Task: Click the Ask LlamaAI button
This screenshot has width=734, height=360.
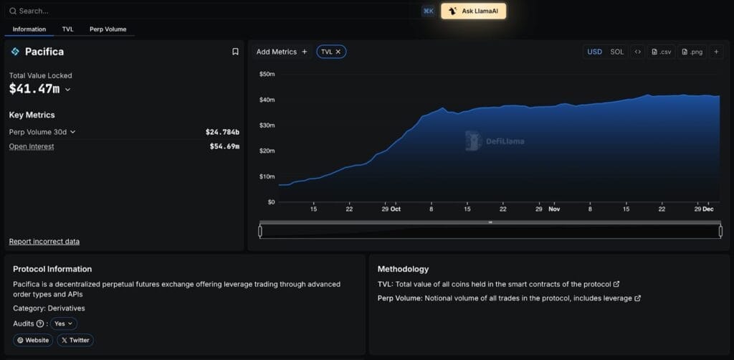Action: tap(473, 11)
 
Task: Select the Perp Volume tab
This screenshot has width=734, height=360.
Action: tap(108, 29)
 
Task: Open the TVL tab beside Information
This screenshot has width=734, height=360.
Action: tap(68, 29)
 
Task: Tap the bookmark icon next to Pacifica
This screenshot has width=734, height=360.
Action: tap(235, 52)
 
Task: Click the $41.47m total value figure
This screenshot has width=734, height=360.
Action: tap(34, 89)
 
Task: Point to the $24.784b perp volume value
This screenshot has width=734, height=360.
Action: tap(222, 132)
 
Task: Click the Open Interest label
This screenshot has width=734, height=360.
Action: tap(32, 146)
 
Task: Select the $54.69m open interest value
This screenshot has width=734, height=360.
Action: tap(224, 146)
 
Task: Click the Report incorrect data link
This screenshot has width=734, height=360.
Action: tap(44, 242)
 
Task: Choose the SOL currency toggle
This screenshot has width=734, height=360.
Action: tap(616, 52)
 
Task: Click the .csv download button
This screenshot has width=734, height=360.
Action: tap(662, 52)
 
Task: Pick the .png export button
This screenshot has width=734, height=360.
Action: tap(692, 52)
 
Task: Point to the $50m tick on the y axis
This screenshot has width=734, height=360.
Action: tap(267, 74)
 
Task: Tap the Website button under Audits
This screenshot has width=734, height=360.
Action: tap(33, 340)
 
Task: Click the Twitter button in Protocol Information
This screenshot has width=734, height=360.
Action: tap(75, 340)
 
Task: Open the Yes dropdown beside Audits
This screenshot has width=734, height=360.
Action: tap(64, 323)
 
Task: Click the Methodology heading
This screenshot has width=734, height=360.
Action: tap(403, 269)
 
